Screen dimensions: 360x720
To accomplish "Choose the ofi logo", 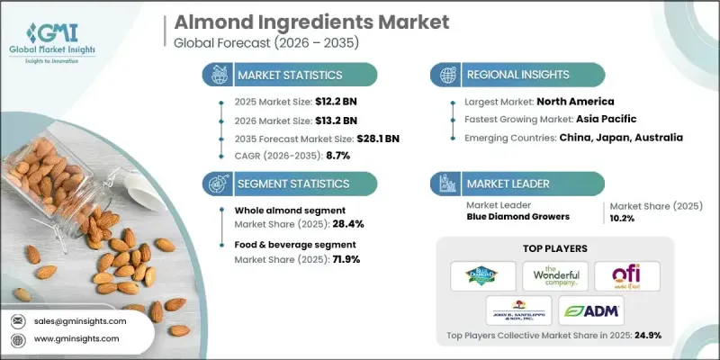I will [626, 275].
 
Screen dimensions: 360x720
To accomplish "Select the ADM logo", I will [590, 310].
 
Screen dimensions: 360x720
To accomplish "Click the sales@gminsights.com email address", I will [78, 320].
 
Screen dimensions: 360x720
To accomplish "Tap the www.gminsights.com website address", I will [78, 338].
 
